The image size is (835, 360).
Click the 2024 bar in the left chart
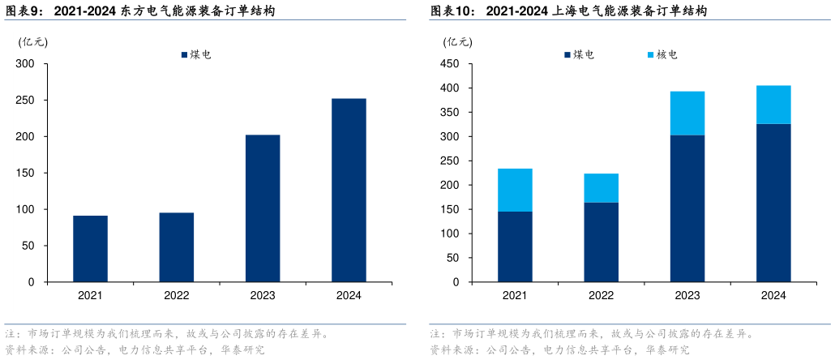click(x=349, y=191)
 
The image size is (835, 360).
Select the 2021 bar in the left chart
click(x=90, y=249)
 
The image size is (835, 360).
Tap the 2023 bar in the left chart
click(x=263, y=208)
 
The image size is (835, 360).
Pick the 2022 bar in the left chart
click(x=177, y=247)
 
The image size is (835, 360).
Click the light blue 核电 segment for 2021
click(x=515, y=190)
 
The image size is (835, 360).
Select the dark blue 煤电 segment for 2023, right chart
click(x=687, y=208)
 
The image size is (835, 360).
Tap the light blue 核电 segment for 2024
click(x=773, y=105)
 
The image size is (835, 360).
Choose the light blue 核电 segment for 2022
click(x=601, y=188)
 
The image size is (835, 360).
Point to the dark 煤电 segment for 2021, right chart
click(x=515, y=246)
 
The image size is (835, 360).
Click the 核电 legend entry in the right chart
click(x=662, y=55)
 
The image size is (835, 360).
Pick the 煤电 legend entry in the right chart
click(x=578, y=55)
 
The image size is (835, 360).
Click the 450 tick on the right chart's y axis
click(x=451, y=64)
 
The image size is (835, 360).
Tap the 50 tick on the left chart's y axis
click(x=28, y=246)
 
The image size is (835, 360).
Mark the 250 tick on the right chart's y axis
click(x=451, y=161)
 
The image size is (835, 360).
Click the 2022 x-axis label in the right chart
click(x=601, y=296)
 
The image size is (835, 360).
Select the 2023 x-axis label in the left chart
click(x=263, y=296)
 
